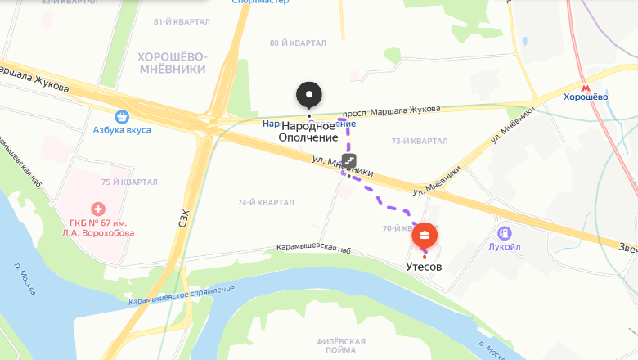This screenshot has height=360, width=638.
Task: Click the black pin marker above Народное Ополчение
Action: click(x=308, y=95)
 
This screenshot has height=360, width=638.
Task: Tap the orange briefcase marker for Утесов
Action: click(x=424, y=237)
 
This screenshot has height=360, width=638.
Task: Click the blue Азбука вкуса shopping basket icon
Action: click(x=122, y=117)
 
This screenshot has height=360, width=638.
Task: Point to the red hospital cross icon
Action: click(x=98, y=209)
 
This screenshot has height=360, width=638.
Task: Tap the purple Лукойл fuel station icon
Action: click(x=505, y=233)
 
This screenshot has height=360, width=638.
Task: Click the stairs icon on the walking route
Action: click(x=348, y=160)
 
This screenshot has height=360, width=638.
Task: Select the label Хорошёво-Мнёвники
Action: click(x=173, y=63)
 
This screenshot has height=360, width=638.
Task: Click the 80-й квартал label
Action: click(x=298, y=43)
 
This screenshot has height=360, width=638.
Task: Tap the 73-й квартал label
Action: click(x=420, y=142)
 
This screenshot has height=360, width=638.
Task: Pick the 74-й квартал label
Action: click(x=265, y=203)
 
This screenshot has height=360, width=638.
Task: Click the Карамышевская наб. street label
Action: click(x=314, y=247)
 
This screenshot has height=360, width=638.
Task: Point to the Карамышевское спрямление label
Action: click(x=181, y=296)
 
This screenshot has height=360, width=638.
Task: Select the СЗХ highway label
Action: click(x=184, y=218)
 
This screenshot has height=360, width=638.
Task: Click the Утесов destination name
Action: click(x=424, y=268)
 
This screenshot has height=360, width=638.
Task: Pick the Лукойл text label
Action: click(x=505, y=247)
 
